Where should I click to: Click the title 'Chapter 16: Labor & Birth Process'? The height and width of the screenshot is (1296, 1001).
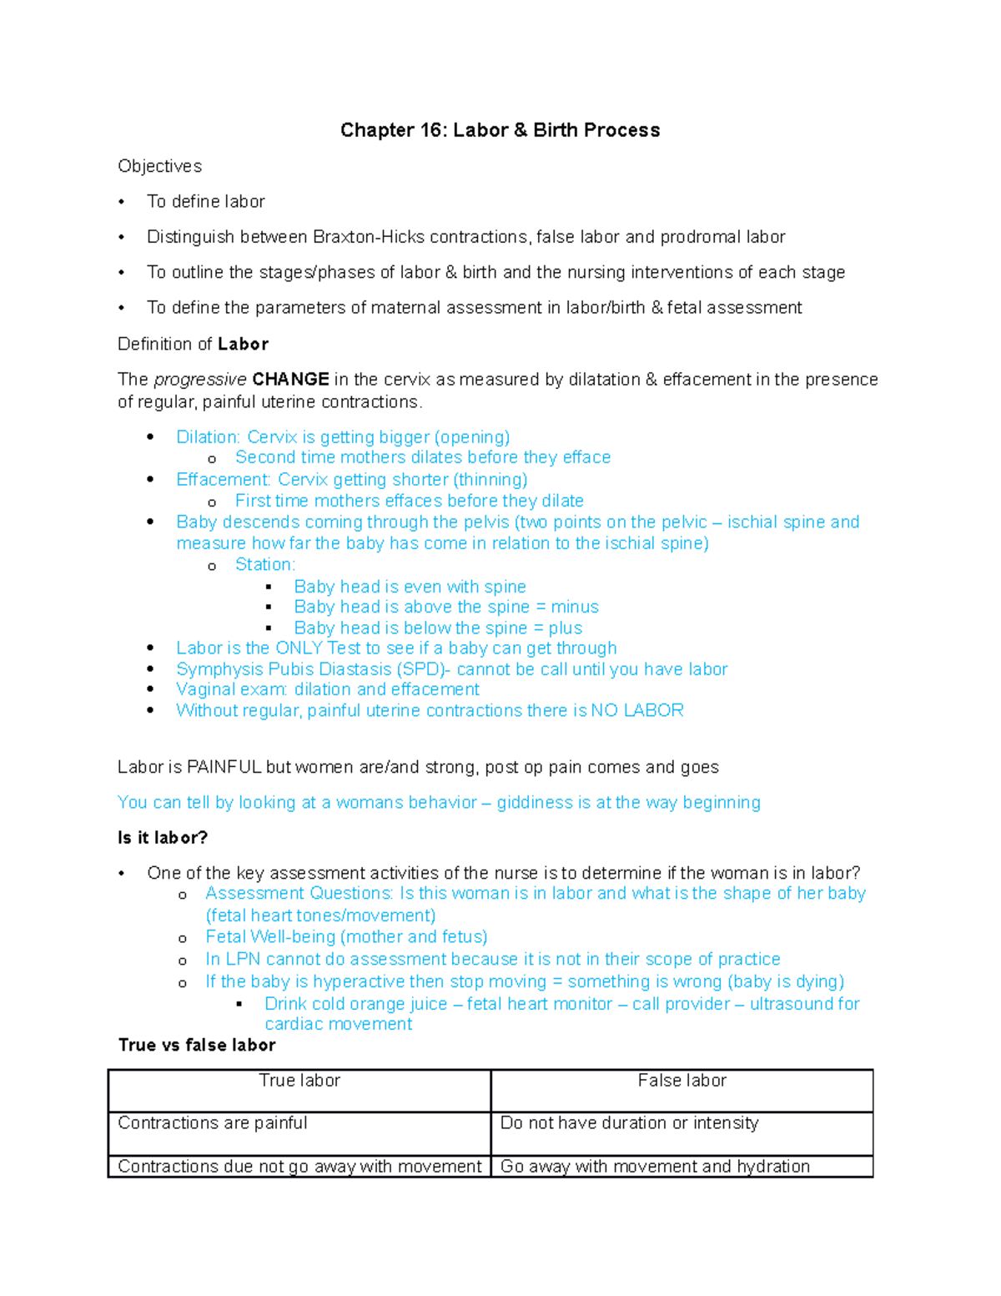click(x=500, y=130)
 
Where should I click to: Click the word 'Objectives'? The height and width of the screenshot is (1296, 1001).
click(x=159, y=166)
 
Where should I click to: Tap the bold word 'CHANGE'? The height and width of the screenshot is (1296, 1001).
click(x=290, y=380)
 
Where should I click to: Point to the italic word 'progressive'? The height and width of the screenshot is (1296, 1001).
click(x=200, y=380)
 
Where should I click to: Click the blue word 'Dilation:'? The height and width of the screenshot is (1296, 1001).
click(x=209, y=437)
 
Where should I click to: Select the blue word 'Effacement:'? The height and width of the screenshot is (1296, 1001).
click(x=224, y=480)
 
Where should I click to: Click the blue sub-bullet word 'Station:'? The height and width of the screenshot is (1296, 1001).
click(x=265, y=565)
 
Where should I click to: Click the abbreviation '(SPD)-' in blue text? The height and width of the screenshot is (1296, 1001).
click(x=424, y=669)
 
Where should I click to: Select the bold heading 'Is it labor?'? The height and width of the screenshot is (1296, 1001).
click(x=163, y=838)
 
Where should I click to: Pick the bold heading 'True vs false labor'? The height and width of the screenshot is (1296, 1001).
click(x=197, y=1046)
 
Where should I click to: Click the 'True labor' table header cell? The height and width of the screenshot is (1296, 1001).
click(x=299, y=1082)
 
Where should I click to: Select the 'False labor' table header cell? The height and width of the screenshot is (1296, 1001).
click(x=682, y=1082)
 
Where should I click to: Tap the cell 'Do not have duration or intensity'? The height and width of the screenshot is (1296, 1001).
click(x=629, y=1124)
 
